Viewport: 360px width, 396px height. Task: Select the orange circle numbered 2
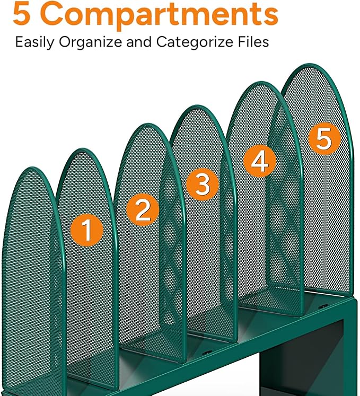click(x=143, y=210)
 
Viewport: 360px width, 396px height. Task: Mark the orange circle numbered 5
click(x=323, y=139)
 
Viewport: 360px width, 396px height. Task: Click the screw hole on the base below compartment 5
click(x=320, y=307)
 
